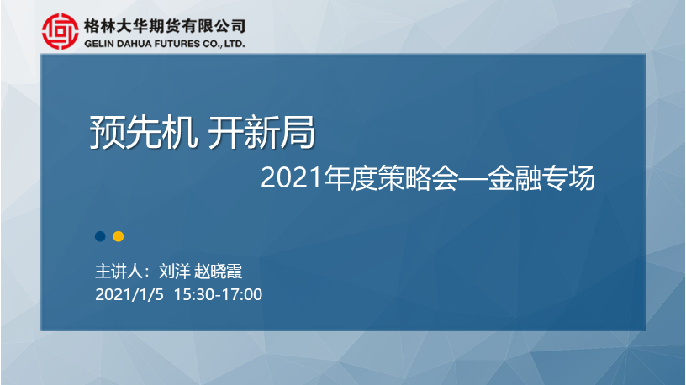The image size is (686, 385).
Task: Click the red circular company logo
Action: [x=61, y=31]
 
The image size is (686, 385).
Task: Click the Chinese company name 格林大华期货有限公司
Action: [x=165, y=26]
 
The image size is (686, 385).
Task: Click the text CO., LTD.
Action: [x=224, y=44]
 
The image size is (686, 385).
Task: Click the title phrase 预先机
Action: [x=144, y=132]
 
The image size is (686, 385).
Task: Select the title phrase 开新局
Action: [x=261, y=132]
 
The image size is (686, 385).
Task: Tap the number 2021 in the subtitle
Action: [x=292, y=178]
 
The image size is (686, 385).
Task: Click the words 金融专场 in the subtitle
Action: [x=541, y=178]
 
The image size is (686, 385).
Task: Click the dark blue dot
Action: [x=100, y=237]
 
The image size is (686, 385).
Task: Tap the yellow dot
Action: [x=119, y=237]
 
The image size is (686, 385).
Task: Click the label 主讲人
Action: [x=119, y=272]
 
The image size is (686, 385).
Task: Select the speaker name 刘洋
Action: [x=174, y=272]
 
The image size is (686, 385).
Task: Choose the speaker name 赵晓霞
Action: [x=218, y=272]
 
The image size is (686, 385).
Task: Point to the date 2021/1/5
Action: [x=129, y=294]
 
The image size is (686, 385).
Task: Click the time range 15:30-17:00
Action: [x=218, y=294]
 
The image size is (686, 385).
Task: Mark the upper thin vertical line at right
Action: [x=604, y=130]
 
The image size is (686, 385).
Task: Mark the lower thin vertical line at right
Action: [x=604, y=255]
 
